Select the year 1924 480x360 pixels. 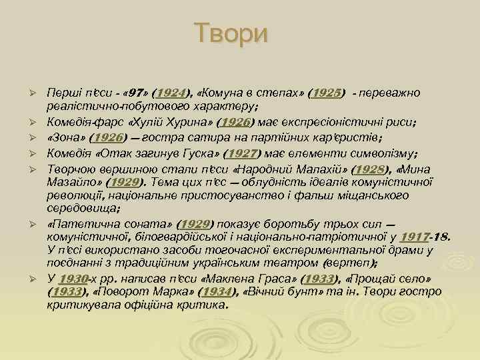pyautogui.click(x=170, y=92)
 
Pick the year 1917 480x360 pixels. pyautogui.click(x=416, y=236)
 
